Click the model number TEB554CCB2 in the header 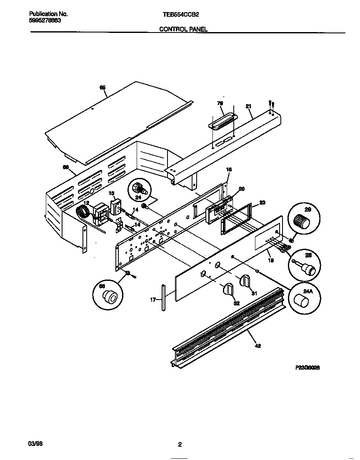pos(180,14)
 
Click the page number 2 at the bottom pos(180,445)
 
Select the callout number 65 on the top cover pos(102,87)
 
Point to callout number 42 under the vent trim pos(257,345)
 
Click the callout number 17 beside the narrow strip pos(153,299)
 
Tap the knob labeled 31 pos(245,282)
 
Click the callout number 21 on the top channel pos(248,106)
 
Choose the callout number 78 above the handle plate pos(220,103)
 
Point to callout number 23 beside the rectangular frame pos(262,202)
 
